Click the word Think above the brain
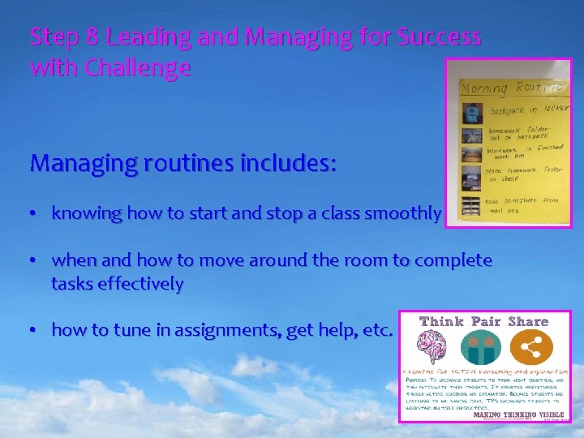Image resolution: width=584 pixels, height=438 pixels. [x=441, y=321]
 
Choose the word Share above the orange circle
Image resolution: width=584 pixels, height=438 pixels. [x=528, y=321]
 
